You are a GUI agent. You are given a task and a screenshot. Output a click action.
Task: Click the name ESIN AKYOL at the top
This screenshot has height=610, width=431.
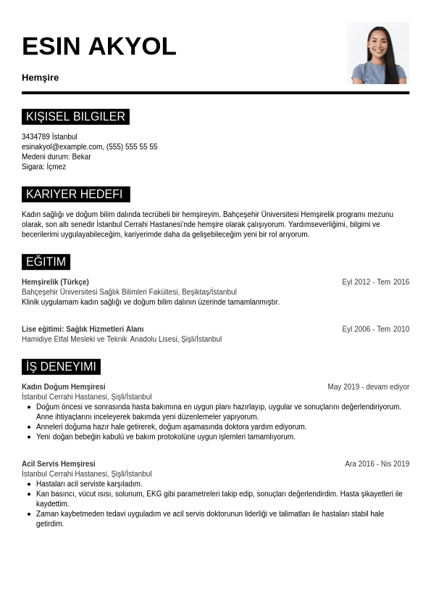pyautogui.click(x=99, y=46)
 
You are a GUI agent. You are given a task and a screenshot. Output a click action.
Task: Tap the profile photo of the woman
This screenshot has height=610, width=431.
pyautogui.click(x=378, y=53)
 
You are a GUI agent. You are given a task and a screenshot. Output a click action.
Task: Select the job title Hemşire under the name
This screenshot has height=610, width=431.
pyautogui.click(x=41, y=78)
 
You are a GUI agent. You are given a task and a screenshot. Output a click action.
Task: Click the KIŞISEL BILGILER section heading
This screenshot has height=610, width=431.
pyautogui.click(x=75, y=117)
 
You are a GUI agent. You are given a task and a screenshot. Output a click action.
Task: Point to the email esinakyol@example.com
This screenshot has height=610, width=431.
pyautogui.click(x=62, y=147)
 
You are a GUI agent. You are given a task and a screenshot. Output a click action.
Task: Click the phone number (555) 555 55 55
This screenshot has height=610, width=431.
pyautogui.click(x=132, y=147)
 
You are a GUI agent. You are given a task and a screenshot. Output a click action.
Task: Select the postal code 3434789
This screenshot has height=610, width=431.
pyautogui.click(x=35, y=136)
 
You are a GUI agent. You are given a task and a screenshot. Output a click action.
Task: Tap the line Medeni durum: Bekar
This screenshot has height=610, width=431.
pyautogui.click(x=57, y=157)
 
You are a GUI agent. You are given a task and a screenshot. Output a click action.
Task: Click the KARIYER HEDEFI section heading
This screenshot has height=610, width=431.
pyautogui.click(x=75, y=194)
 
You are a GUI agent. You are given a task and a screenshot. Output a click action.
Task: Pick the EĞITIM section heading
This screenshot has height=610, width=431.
pyautogui.click(x=46, y=262)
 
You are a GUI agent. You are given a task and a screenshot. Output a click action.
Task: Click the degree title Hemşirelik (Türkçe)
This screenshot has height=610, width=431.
pyautogui.click(x=55, y=282)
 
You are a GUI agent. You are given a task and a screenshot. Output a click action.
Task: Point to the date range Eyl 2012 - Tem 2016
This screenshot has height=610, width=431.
pyautogui.click(x=375, y=282)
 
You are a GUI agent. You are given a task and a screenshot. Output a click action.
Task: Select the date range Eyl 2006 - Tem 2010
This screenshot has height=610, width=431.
pyautogui.click(x=375, y=329)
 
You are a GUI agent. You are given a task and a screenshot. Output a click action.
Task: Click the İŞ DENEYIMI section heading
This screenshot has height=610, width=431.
pyautogui.click(x=61, y=367)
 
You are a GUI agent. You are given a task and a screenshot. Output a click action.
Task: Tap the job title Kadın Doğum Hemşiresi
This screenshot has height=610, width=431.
pyautogui.click(x=64, y=387)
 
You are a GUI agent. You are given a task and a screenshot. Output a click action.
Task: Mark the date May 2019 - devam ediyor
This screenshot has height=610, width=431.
pyautogui.click(x=368, y=387)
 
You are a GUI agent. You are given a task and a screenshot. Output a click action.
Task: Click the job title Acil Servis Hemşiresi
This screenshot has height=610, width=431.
pyautogui.click(x=59, y=464)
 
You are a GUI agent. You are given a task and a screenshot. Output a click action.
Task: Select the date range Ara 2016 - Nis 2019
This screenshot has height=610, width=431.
pyautogui.click(x=377, y=464)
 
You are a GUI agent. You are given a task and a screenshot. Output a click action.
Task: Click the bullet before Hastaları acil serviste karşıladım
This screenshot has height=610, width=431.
pyautogui.click(x=29, y=484)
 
